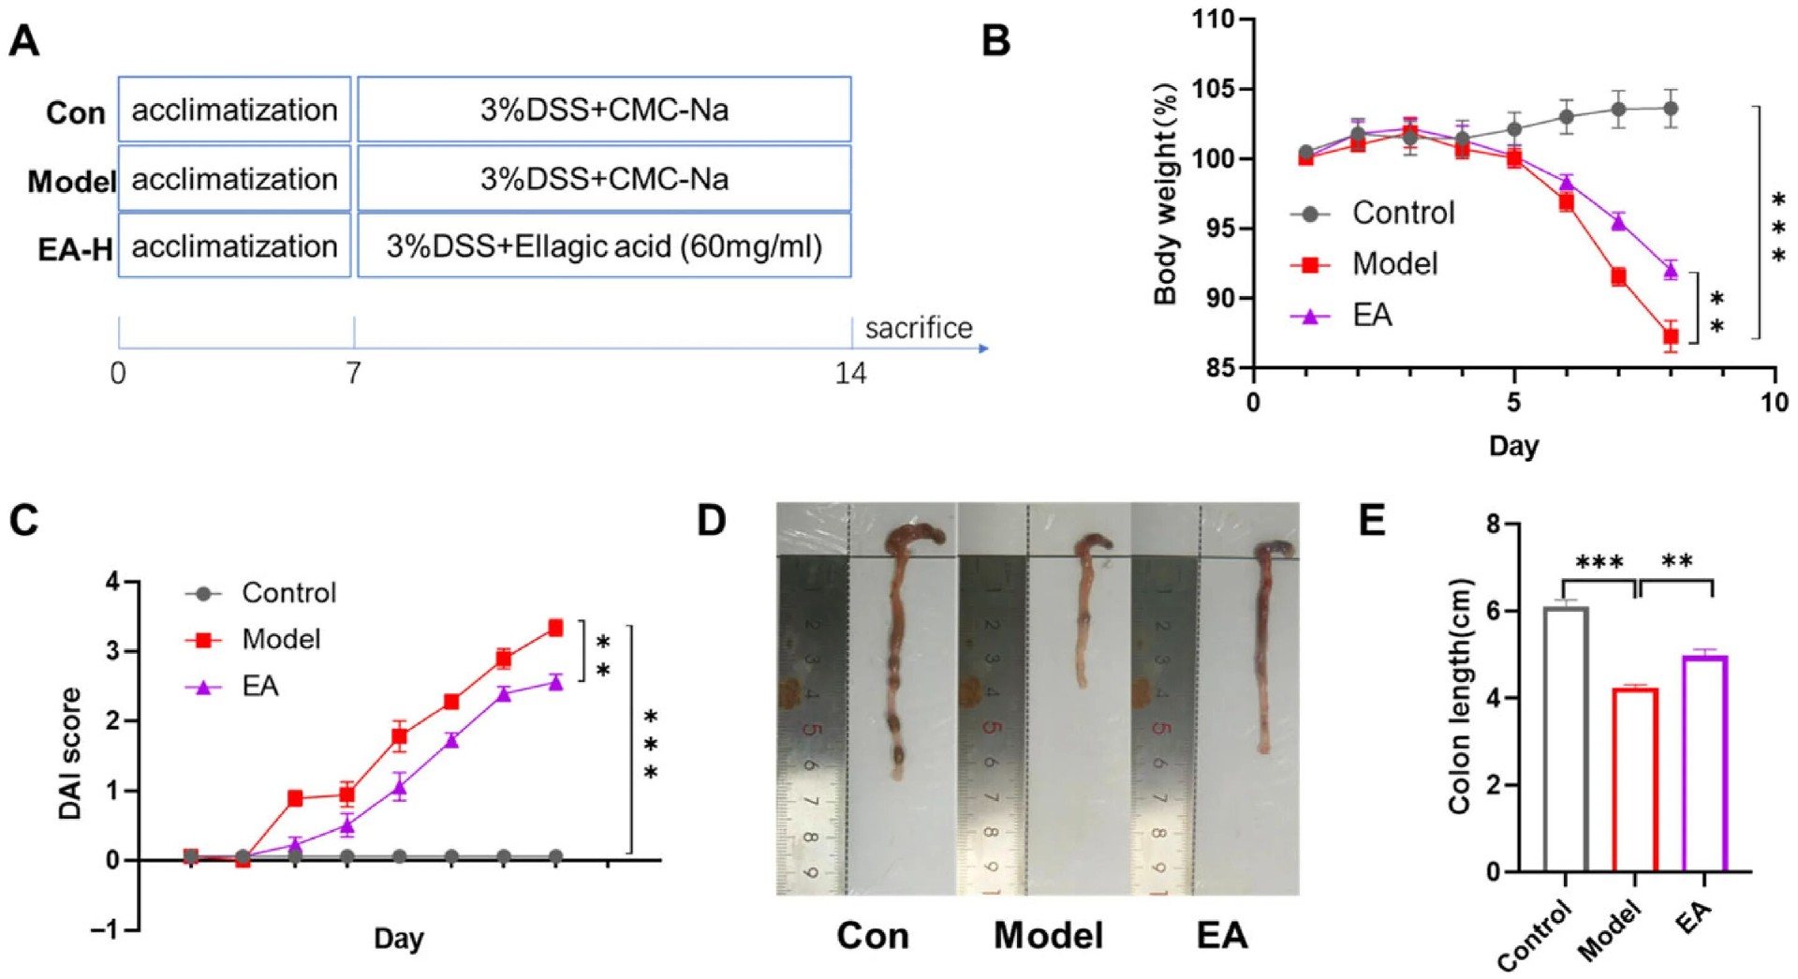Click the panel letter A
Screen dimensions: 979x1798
24,41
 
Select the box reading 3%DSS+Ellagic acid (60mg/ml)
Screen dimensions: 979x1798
604,246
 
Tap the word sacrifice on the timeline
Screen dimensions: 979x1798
918,328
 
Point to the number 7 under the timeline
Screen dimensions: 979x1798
353,373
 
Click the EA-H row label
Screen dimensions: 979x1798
75,249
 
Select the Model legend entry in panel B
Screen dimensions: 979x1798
1393,264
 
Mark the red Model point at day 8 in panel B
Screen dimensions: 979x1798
1671,336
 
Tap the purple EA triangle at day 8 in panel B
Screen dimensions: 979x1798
1671,271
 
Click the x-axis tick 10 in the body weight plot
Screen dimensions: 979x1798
1774,403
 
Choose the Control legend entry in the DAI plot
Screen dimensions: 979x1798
288,593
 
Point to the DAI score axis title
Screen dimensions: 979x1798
70,754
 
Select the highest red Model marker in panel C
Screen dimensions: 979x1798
555,628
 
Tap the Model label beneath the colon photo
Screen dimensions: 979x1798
1048,935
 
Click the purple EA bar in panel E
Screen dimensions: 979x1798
1705,764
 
